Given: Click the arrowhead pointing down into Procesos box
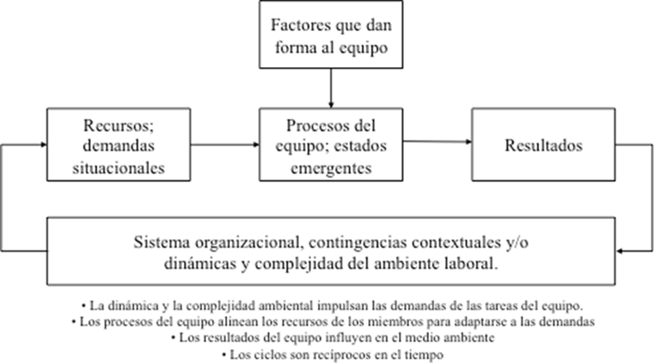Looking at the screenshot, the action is pos(331,103).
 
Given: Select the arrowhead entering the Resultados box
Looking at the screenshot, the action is pos(469,143).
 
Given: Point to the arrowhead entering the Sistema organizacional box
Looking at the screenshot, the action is pos(619,249).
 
